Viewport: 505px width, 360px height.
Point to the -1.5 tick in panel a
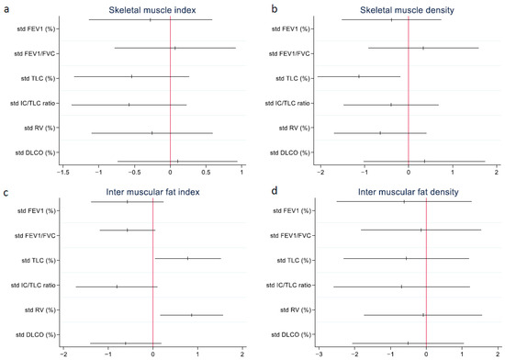(x=63, y=170)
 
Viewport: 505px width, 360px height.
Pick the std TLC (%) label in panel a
(x=37, y=77)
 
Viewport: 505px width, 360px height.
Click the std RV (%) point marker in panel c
(x=192, y=315)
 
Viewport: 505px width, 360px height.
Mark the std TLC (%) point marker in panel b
(x=359, y=76)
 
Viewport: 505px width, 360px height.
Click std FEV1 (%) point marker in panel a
(x=151, y=19)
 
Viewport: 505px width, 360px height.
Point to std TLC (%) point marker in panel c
(x=188, y=258)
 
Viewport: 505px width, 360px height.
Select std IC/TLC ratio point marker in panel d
(x=401, y=287)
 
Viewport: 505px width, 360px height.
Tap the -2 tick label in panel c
(x=63, y=352)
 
